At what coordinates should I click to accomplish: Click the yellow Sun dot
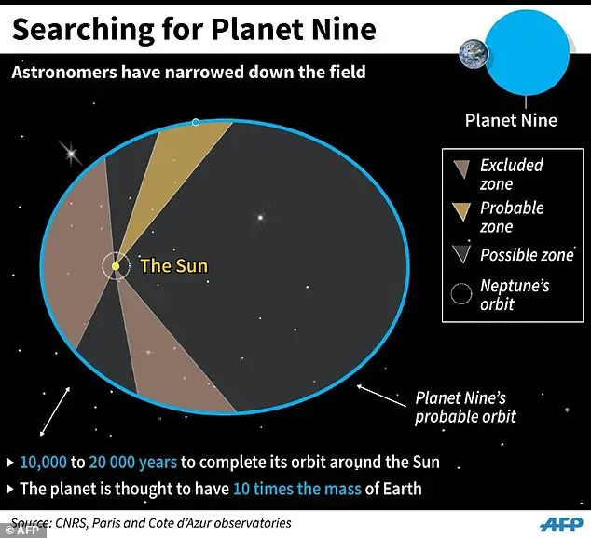click(115, 266)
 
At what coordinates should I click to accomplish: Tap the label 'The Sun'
click(173, 266)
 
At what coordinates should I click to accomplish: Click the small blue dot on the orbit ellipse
click(195, 122)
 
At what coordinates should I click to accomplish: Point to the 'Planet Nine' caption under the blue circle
click(511, 119)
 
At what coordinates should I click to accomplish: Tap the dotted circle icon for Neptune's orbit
click(460, 294)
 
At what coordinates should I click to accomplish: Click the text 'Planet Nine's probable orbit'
click(464, 407)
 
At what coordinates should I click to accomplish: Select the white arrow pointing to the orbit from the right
click(381, 394)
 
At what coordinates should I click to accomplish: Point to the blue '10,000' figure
click(48, 463)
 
